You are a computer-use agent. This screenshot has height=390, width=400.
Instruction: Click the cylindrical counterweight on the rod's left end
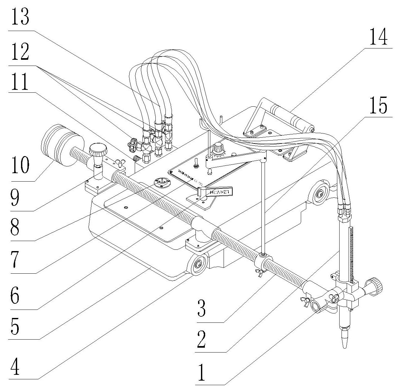[x=62, y=145]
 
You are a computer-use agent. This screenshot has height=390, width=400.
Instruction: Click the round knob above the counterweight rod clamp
[x=98, y=150]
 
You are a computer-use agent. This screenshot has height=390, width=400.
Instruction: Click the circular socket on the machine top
[x=162, y=183]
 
